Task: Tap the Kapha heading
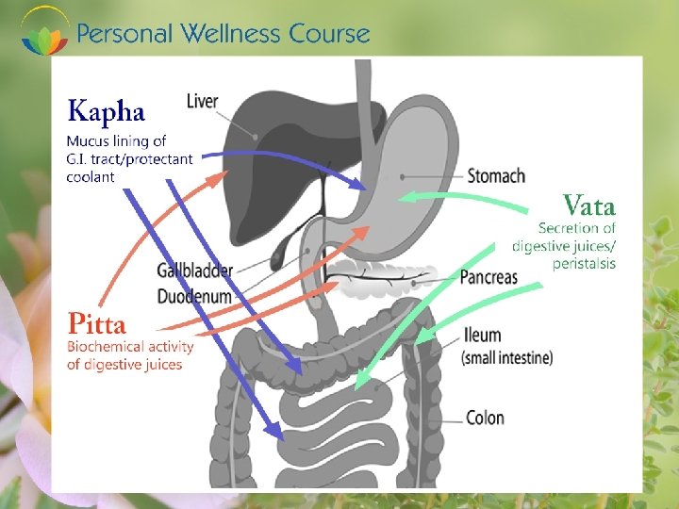click(106, 112)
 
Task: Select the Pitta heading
click(96, 325)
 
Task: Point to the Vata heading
click(588, 205)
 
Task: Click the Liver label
click(203, 101)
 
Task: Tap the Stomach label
click(496, 176)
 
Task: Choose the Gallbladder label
click(194, 271)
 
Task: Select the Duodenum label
click(193, 297)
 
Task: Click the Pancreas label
click(489, 277)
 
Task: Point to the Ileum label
click(482, 336)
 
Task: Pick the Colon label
click(485, 418)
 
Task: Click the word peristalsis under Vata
click(584, 264)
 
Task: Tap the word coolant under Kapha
click(91, 176)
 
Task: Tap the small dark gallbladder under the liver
click(280, 253)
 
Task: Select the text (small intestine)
click(506, 358)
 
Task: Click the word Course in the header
click(329, 34)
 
